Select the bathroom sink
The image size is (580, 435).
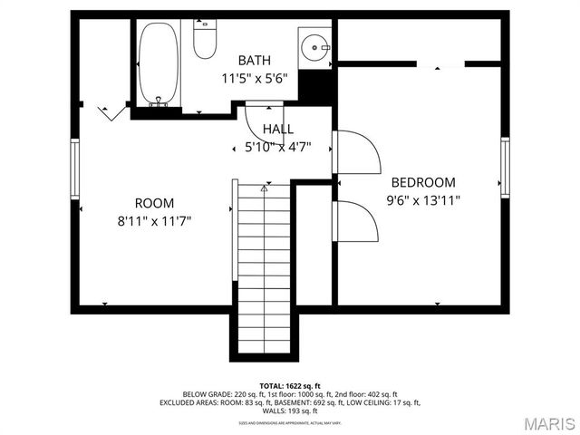(314, 45)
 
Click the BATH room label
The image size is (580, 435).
(254, 61)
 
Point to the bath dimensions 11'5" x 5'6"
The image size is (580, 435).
(254, 78)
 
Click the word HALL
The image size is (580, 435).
(278, 130)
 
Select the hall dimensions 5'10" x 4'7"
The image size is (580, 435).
(278, 147)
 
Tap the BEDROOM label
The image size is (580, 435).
(423, 183)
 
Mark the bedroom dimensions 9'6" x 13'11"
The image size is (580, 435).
(423, 200)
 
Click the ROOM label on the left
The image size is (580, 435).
(154, 203)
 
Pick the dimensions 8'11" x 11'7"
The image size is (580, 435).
(154, 220)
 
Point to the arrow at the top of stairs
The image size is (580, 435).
(265, 188)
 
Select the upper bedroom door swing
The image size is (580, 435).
(358, 152)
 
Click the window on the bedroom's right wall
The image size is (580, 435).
(505, 165)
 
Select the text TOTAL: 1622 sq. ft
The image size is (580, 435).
(290, 386)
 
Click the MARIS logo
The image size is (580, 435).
(544, 423)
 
